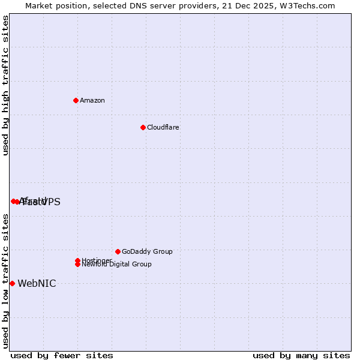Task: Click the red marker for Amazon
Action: pyautogui.click(x=76, y=100)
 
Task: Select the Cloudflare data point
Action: pyautogui.click(x=143, y=127)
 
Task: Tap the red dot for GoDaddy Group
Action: pyautogui.click(x=118, y=251)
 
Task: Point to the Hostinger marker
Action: pyautogui.click(x=77, y=260)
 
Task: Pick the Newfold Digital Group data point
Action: pyautogui.click(x=78, y=264)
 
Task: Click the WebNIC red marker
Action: pyautogui.click(x=12, y=283)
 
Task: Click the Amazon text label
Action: pyautogui.click(x=92, y=100)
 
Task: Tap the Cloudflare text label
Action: pyautogui.click(x=163, y=127)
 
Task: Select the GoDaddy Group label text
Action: pyautogui.click(x=147, y=251)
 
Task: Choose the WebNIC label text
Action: pyautogui.click(x=37, y=283)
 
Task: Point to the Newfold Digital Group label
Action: pyautogui.click(x=116, y=264)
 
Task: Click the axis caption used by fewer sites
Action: pyautogui.click(x=62, y=355)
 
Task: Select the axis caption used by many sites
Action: pyautogui.click(x=301, y=355)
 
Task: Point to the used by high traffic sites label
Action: pyautogui.click(x=5, y=85)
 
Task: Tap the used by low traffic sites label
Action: pyautogui.click(x=5, y=280)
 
